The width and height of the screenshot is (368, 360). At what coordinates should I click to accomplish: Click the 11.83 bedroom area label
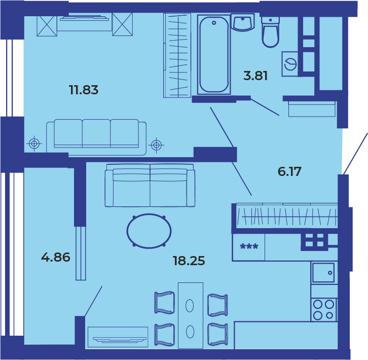pos(84,90)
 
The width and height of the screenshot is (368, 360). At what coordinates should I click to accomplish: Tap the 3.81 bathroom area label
pos(255,76)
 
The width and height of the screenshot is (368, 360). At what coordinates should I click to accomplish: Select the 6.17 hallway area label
pos(289,171)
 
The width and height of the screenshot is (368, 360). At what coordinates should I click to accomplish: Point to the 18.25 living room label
pos(189,261)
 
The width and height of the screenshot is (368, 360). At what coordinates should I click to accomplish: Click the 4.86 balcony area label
pos(56,257)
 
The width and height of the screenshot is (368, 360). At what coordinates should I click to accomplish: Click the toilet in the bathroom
pos(270,32)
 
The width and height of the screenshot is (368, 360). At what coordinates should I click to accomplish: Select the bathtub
pos(214,55)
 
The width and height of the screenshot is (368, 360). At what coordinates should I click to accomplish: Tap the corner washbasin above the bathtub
pos(243,22)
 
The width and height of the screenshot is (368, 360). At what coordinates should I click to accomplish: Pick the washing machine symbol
pos(290,64)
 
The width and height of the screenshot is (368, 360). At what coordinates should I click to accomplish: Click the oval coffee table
pos(149,231)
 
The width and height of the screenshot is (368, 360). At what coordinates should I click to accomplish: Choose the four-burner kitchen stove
pos(323,310)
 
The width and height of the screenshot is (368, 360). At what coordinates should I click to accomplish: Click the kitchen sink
pos(323,273)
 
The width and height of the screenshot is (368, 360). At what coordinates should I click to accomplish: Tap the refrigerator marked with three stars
pos(249,247)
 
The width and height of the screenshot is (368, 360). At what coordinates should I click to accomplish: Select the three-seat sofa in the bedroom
pos(96,137)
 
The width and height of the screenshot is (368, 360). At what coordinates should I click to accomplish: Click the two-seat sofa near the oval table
pos(150,186)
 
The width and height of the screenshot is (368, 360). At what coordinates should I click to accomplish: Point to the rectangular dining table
pos(191,315)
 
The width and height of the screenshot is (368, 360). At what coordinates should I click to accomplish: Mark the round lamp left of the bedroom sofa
pos(34,143)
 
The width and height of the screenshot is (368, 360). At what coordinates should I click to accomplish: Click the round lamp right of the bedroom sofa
pos(156,145)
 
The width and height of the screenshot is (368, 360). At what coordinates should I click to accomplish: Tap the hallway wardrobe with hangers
pos(286,215)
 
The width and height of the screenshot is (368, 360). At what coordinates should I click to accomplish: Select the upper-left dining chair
pos(165,303)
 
